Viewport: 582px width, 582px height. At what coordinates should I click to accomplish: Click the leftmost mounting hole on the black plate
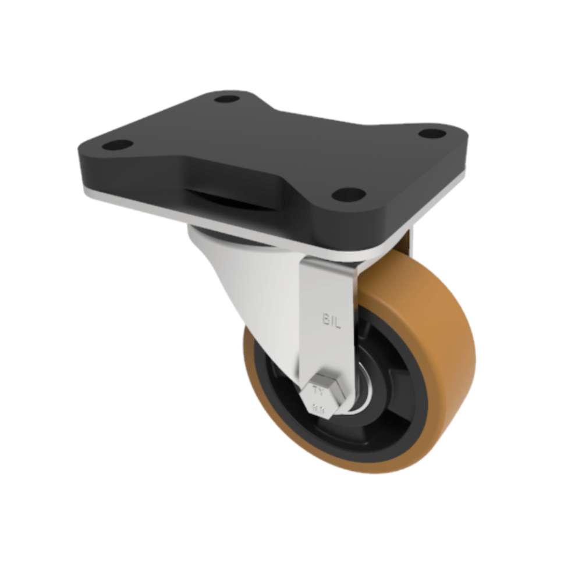click(x=118, y=144)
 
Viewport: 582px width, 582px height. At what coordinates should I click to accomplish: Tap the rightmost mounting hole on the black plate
click(x=432, y=133)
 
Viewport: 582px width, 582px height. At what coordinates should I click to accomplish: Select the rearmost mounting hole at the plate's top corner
click(x=227, y=99)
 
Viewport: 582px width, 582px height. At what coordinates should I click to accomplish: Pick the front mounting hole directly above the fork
click(x=349, y=194)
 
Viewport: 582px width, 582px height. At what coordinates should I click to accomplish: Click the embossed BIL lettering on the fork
click(x=330, y=319)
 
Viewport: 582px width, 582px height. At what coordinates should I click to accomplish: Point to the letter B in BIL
click(x=324, y=319)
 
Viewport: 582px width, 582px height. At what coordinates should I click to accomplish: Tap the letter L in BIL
click(x=336, y=319)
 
